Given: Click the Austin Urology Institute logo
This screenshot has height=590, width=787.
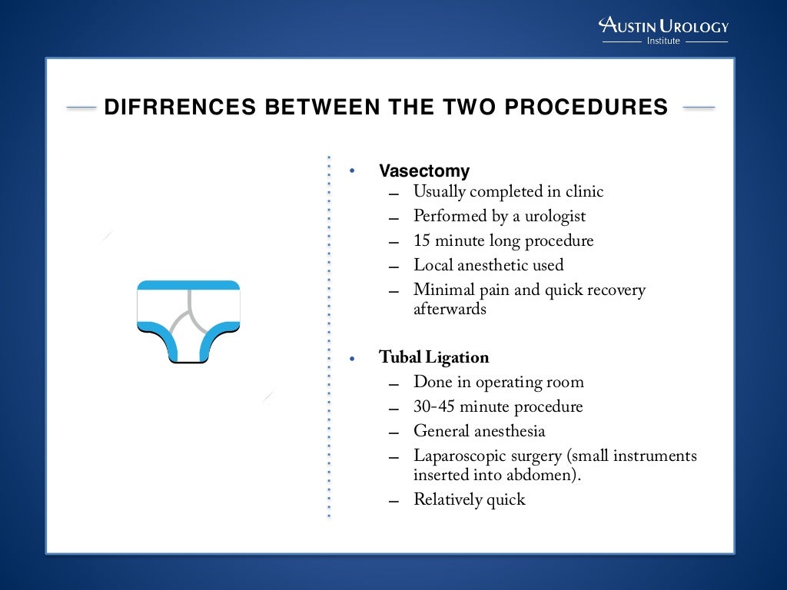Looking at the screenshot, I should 663,31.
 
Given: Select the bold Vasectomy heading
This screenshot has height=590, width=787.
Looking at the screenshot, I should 423,171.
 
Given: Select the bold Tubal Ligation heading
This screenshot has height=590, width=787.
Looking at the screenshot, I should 433,357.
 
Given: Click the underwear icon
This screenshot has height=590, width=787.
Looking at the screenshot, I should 188,321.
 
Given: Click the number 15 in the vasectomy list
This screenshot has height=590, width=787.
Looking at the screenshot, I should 422,240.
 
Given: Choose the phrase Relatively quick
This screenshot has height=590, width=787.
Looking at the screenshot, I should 469,499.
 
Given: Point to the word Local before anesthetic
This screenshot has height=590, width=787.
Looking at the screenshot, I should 433,265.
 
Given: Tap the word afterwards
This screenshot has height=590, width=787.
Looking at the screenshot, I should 450,309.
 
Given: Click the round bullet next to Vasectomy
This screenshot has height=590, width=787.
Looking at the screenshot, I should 353,171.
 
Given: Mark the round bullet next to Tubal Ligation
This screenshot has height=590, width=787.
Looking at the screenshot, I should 353,358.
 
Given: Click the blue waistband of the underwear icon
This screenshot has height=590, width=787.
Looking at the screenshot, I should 188,285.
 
